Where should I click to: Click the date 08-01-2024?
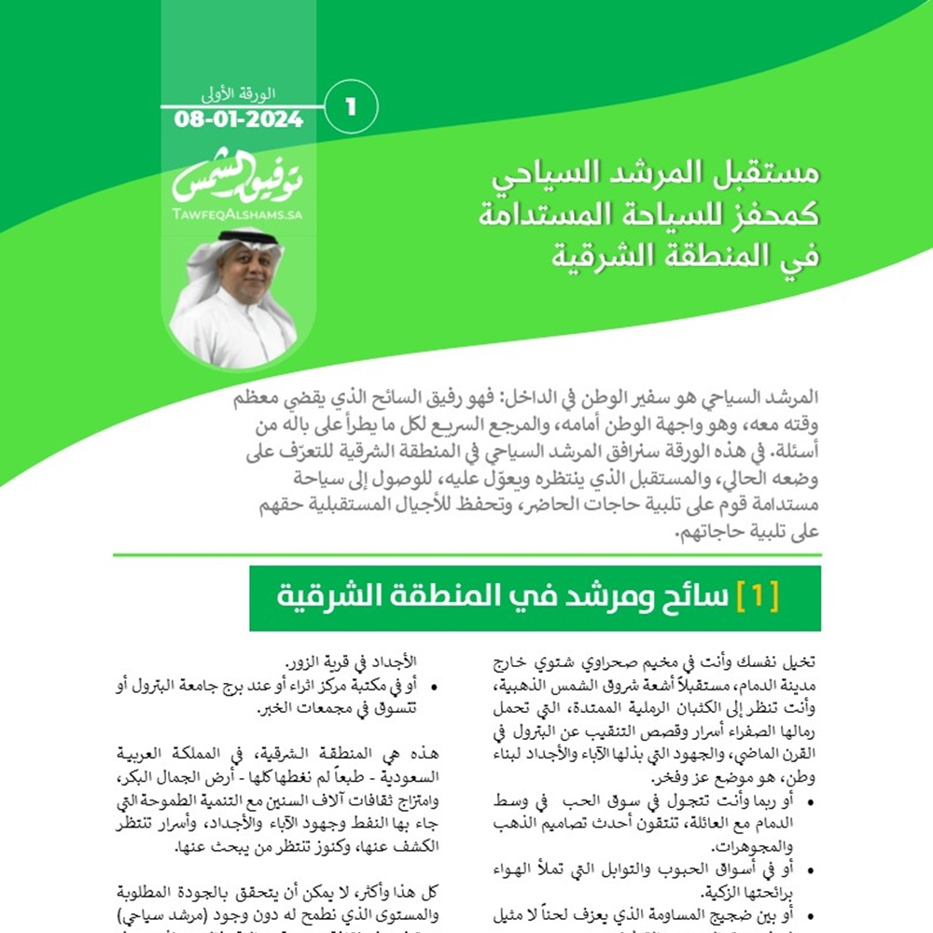(238, 120)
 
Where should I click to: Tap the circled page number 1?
(352, 106)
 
